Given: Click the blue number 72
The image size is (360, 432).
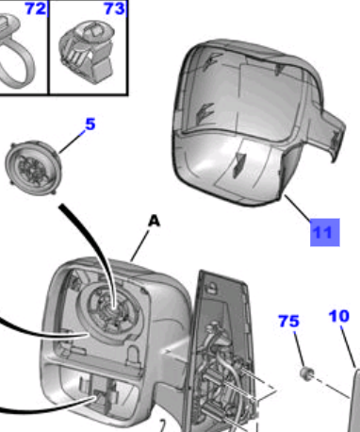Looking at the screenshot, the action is click(36, 8).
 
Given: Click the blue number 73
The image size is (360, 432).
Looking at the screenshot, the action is click(114, 8).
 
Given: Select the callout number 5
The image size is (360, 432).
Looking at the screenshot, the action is click(90, 125).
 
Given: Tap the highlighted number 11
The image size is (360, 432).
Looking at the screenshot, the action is click(325, 233).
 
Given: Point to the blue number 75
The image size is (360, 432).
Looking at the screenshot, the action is click(289, 322).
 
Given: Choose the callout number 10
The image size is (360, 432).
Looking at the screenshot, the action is click(339, 316).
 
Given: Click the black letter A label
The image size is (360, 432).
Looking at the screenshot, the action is click(154, 221).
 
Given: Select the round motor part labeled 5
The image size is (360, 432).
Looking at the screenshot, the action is click(33, 168).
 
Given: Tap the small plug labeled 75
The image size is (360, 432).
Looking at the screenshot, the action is click(306, 373).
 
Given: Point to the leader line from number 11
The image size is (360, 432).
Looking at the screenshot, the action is click(298, 208).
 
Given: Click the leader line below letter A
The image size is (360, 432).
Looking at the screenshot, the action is click(139, 245).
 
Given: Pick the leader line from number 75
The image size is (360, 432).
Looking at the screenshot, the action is click(299, 348).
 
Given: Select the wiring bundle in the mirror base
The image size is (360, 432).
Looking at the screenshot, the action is click(224, 374).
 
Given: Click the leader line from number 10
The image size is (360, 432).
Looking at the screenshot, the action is click(348, 346).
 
